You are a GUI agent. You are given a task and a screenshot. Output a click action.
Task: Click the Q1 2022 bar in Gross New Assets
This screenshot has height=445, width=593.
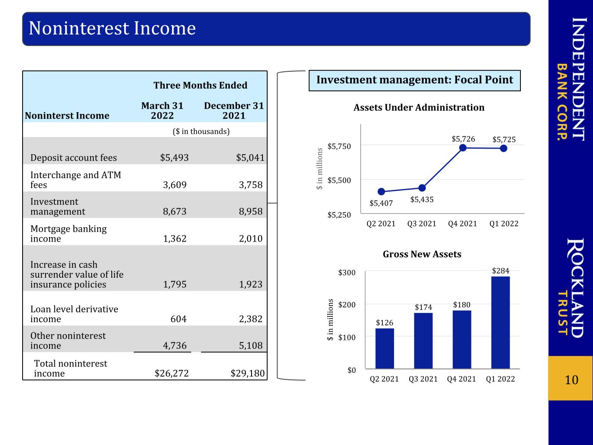pos(500,322)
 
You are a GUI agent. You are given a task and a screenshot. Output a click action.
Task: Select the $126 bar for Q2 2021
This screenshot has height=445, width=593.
pos(384,348)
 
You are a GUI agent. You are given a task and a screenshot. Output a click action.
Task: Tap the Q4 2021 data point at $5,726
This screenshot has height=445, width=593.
pos(463,148)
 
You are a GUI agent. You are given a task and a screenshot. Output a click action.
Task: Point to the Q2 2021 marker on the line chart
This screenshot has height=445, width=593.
pos(381,192)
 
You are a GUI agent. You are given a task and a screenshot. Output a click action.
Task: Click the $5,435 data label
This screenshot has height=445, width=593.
pos(422,199)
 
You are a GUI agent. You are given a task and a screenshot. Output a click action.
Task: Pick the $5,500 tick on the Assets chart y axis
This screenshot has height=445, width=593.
pos(339,180)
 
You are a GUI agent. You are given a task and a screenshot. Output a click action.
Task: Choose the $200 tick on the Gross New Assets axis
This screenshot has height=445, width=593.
pos(347,305)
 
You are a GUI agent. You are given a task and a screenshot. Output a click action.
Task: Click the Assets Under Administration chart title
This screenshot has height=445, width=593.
pos(419,107)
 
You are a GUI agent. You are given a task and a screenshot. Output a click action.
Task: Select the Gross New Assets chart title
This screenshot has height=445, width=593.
pos(422,254)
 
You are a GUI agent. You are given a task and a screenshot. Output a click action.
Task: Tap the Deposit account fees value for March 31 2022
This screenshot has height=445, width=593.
pos(174,157)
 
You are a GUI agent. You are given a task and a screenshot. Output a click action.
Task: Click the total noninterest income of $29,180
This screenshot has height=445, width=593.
pos(248,373)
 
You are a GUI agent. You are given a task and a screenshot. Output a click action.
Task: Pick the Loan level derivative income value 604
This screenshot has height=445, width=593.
pos(178,319)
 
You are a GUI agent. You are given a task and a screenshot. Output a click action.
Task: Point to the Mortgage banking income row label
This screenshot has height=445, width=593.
pos(69,234)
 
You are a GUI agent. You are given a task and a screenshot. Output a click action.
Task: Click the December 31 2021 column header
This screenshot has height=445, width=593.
pos(234,110)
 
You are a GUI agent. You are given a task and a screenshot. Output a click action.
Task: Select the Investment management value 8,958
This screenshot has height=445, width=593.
pos(250,211)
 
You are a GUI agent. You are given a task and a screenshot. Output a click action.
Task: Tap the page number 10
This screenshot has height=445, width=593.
pos(571,380)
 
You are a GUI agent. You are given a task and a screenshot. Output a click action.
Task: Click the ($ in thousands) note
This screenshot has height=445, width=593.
pos(201,131)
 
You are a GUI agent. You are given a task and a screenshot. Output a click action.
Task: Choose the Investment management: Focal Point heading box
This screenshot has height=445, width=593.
pos(415,80)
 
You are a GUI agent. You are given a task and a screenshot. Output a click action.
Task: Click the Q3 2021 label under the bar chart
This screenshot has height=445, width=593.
pos(423,379)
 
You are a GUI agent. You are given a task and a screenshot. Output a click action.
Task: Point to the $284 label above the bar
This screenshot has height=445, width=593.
pos(500,271)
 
